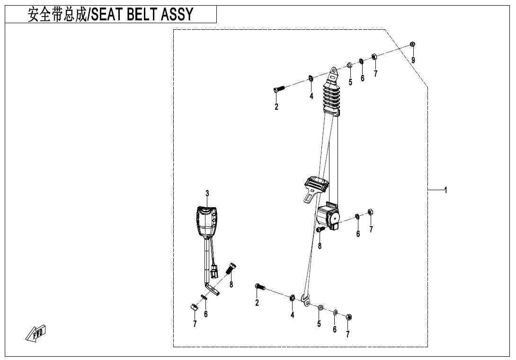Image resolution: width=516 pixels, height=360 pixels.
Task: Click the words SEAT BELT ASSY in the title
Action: tap(142, 15)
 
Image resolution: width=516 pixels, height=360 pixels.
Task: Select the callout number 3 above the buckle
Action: tap(207, 193)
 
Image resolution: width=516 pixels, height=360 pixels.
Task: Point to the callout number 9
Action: tap(413, 60)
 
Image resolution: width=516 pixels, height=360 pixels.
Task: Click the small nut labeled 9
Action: tap(412, 44)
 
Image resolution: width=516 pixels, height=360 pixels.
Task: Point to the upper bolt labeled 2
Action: tap(278, 88)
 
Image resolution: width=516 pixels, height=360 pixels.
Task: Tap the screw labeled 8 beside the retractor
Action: tap(320, 229)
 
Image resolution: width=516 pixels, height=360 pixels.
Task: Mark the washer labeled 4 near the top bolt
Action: tap(311, 78)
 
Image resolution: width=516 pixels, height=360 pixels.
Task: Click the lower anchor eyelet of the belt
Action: tap(305, 300)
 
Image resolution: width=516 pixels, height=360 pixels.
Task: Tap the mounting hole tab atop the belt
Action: tap(334, 72)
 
